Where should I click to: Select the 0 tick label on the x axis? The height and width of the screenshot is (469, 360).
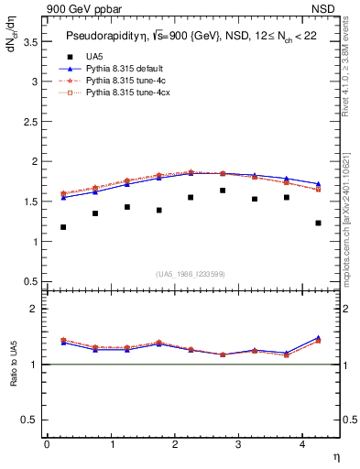[x=47, y=444]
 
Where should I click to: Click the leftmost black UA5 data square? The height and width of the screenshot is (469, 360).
[x=63, y=227]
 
